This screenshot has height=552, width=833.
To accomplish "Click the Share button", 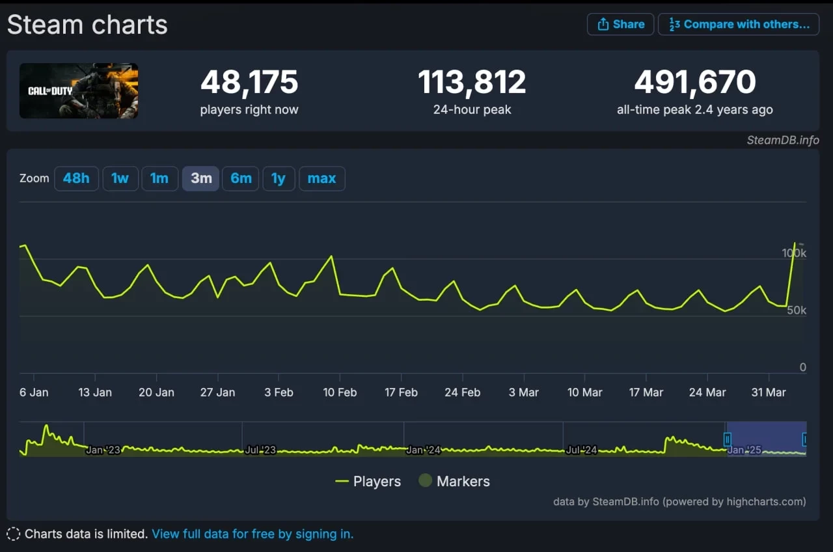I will click(x=620, y=24).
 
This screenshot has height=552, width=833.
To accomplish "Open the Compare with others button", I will click(x=739, y=24).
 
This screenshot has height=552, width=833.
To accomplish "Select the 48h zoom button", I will click(x=76, y=178).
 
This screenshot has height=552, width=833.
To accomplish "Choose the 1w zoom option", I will click(x=120, y=178).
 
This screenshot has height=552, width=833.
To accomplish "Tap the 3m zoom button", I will click(x=200, y=178).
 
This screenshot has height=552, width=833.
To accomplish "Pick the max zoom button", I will click(x=321, y=178).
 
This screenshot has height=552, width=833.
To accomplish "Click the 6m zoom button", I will click(x=241, y=178).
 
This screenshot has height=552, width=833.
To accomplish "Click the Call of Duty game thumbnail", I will click(x=79, y=90).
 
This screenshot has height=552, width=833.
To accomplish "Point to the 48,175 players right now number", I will click(x=249, y=83).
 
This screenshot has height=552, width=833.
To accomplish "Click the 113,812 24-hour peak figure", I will click(x=472, y=83).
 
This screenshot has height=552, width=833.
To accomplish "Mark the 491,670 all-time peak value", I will click(x=695, y=83).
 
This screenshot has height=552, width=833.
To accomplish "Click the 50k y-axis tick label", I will click(x=797, y=310).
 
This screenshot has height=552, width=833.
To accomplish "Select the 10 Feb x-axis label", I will click(x=340, y=393).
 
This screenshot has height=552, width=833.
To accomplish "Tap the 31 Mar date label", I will click(x=769, y=393).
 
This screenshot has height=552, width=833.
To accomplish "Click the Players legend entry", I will click(x=368, y=482).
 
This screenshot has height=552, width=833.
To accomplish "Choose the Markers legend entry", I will click(x=454, y=482).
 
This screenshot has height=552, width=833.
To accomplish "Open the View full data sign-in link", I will click(x=253, y=534).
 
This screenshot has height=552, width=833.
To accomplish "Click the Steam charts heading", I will click(x=87, y=25).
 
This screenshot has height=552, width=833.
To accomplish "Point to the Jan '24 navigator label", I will click(x=424, y=450).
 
